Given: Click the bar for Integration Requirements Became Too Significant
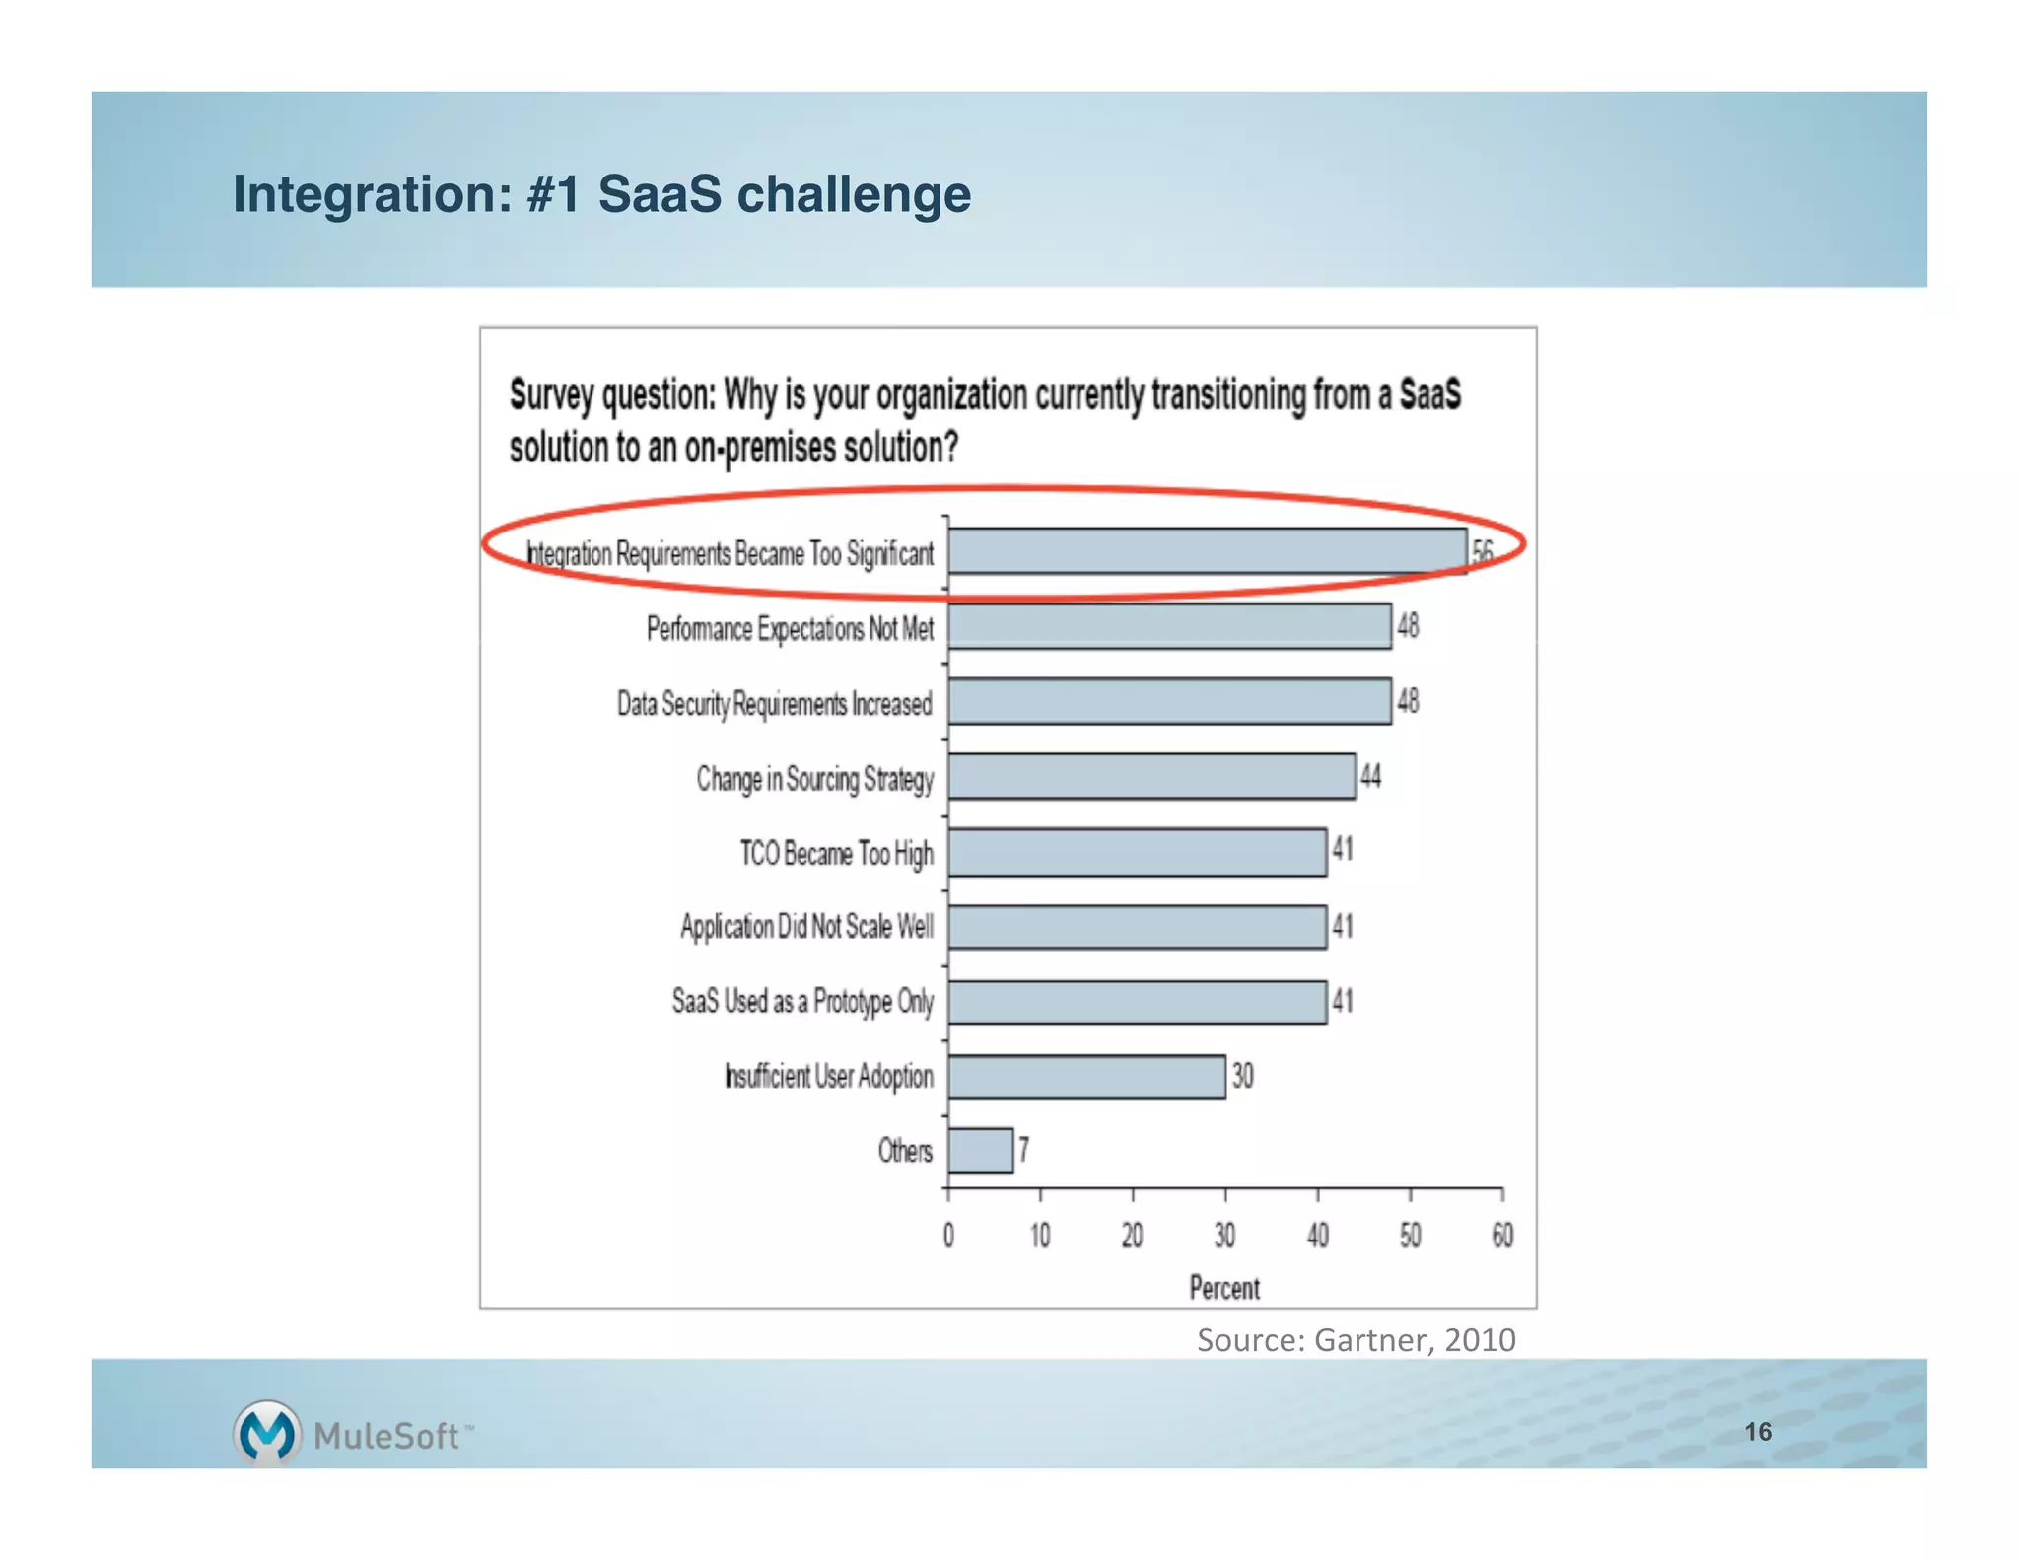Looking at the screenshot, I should (1207, 551).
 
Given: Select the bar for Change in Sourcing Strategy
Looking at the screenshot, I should (1151, 777).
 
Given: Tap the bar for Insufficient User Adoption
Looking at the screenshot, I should (1086, 1076).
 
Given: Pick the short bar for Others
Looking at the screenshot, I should (981, 1151).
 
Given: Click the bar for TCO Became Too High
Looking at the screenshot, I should (1137, 853).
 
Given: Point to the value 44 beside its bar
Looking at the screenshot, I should (1370, 777).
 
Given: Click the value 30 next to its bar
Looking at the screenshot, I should (1242, 1076).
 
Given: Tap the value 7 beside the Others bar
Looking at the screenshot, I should (1024, 1150).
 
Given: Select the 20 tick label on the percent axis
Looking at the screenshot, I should (1132, 1236).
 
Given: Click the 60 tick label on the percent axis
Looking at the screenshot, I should (1501, 1236).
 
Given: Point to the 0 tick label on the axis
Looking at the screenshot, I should (948, 1236).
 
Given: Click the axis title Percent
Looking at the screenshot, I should (1224, 1288).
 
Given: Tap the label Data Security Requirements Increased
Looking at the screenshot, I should (774, 704).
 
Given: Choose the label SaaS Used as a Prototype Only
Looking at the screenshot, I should (802, 1002).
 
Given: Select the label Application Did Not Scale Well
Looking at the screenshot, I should (806, 927).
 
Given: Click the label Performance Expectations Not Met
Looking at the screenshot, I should (790, 628).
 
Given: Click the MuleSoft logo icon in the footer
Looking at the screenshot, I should (266, 1433).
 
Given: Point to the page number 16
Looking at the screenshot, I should (1757, 1432).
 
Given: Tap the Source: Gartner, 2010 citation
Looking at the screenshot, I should (1356, 1340).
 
